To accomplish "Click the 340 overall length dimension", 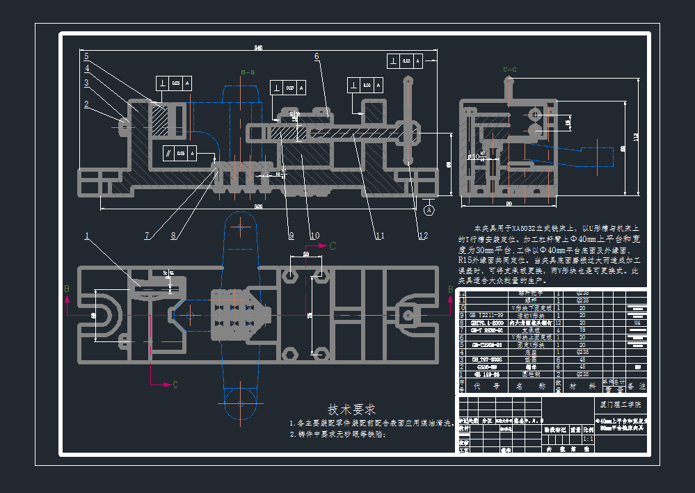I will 258,48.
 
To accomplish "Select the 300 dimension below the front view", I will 258,207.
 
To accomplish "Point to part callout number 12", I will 424,235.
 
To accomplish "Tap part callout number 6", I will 316,57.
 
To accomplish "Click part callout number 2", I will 86,105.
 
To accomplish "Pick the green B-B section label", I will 248,72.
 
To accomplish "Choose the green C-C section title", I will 509,70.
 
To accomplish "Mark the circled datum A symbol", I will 429,209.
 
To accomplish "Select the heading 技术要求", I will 351,409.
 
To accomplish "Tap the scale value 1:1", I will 588,439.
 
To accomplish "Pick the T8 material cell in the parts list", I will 579,330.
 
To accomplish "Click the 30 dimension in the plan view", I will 305,254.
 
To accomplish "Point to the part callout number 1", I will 87,236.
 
